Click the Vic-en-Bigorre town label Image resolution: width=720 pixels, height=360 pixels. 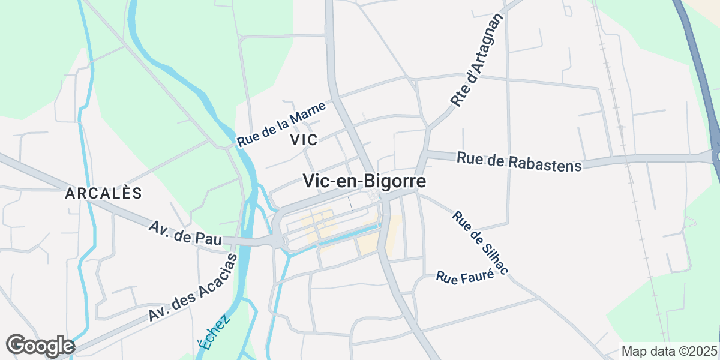[364, 181]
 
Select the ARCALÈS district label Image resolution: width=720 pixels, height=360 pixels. [103, 193]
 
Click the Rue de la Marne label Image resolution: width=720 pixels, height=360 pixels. [281, 124]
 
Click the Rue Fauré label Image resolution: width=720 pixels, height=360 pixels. [465, 277]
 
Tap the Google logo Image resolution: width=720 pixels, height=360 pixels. [40, 346]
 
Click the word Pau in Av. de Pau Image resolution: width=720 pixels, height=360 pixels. [208, 237]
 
